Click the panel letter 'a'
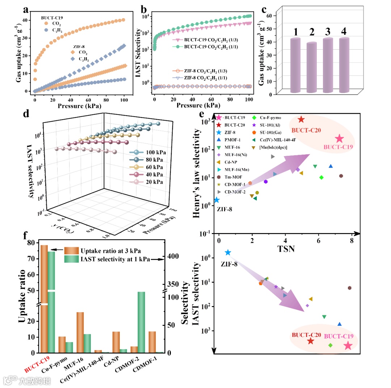(26, 10)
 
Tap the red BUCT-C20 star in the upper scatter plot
(301, 120)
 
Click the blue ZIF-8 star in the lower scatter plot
(228, 253)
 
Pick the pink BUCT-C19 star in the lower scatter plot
(348, 346)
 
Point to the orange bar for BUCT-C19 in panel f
(44, 297)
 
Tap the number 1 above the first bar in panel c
(296, 32)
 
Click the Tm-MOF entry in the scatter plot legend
(232, 177)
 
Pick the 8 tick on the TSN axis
(352, 240)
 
